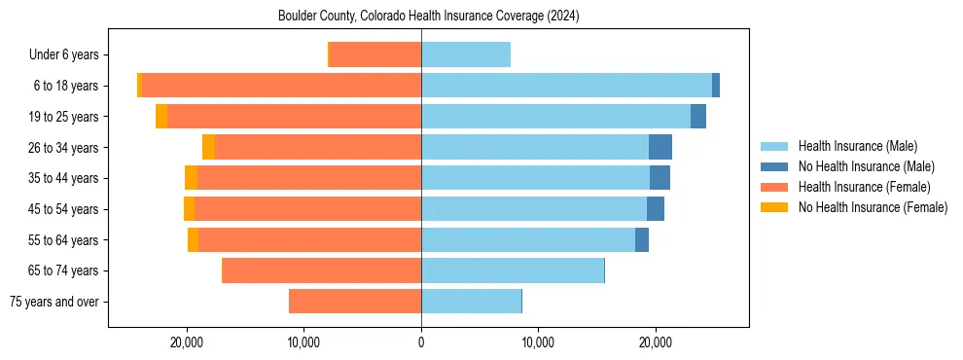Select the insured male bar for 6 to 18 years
point(566,86)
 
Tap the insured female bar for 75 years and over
point(355,302)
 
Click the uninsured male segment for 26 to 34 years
point(660,147)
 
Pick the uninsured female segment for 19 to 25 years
point(161,117)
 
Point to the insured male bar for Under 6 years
point(466,55)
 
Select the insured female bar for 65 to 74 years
point(322,270)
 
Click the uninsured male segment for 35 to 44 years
point(660,178)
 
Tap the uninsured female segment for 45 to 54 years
point(189,209)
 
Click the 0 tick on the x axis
point(421,342)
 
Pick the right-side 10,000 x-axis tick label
point(538,342)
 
